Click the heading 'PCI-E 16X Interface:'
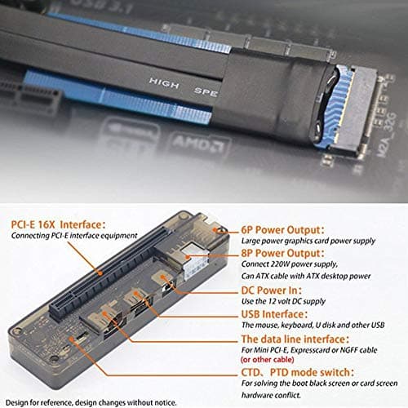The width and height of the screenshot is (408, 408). click(56, 223)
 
